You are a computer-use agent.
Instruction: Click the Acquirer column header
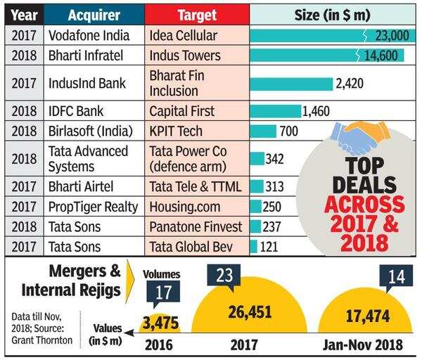[x=94, y=14]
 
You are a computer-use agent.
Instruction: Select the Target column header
[x=197, y=14]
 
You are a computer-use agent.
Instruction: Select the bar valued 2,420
[x=291, y=84]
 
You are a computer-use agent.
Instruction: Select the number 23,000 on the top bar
[x=384, y=35]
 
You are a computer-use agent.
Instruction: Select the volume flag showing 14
[x=395, y=276]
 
